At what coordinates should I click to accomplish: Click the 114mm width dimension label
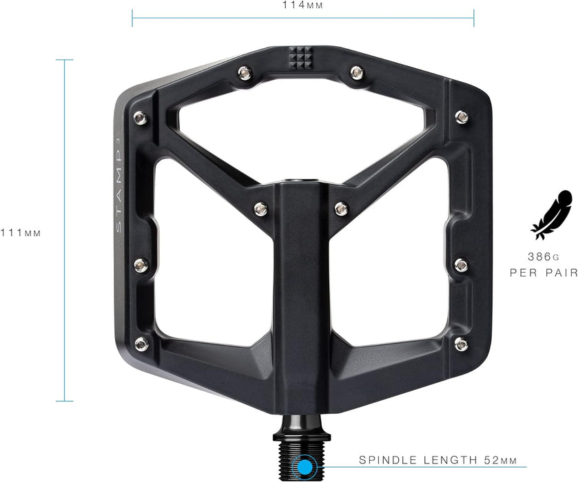point(303,6)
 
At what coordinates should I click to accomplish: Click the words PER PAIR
point(544,273)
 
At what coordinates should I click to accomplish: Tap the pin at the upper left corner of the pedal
point(140,117)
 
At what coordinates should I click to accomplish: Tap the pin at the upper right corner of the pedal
point(462,117)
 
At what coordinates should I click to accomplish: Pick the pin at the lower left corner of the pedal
point(141,343)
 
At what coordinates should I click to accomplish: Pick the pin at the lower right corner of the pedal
point(461,343)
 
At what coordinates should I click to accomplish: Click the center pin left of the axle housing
point(260,207)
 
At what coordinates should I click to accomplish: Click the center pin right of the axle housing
point(341,207)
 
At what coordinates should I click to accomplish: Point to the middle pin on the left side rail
point(141,264)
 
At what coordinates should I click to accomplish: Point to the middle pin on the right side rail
point(462,264)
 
